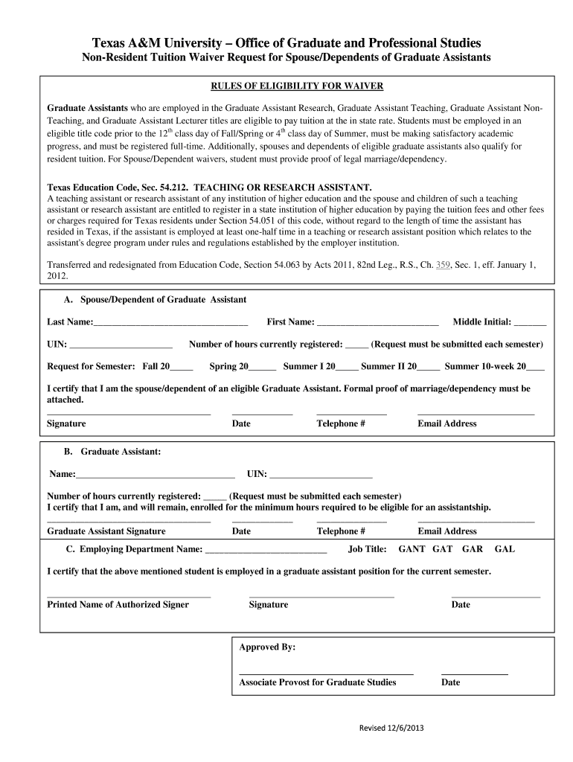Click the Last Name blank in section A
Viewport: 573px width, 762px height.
(170, 323)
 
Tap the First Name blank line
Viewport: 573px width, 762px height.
(377, 323)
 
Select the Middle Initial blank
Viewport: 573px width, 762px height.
(530, 323)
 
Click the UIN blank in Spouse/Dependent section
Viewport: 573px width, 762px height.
(121, 345)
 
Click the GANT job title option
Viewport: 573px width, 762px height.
(412, 549)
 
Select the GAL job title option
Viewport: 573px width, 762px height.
(505, 549)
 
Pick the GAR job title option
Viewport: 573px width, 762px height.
(473, 549)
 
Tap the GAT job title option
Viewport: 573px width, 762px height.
(442, 549)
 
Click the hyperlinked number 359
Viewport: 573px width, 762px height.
(444, 264)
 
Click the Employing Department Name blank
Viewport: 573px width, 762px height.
(266, 551)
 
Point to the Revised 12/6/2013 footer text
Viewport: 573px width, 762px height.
(391, 728)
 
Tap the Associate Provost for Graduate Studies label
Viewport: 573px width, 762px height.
(317, 682)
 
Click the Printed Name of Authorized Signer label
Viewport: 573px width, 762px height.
(118, 604)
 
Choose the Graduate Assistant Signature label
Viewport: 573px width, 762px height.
(106, 531)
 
